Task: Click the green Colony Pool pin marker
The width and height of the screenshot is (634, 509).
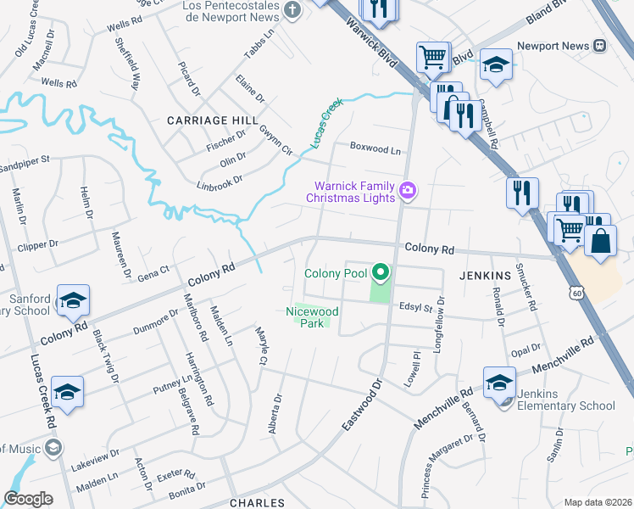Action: (381, 273)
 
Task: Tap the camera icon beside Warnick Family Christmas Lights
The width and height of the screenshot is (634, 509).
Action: (408, 191)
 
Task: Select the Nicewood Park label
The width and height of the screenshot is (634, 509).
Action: (312, 317)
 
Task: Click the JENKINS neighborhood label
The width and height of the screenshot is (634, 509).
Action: (485, 276)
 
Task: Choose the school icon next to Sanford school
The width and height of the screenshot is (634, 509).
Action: (74, 300)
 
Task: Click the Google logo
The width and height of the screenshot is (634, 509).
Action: (28, 499)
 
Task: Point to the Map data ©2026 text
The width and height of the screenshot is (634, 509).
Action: (597, 502)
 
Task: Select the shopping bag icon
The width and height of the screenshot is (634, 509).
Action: (600, 240)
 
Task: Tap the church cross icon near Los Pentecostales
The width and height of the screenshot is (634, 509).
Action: (292, 11)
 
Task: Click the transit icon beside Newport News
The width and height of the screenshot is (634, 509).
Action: (599, 44)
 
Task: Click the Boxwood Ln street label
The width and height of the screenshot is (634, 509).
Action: (375, 150)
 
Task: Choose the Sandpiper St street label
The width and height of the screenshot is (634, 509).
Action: (26, 159)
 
